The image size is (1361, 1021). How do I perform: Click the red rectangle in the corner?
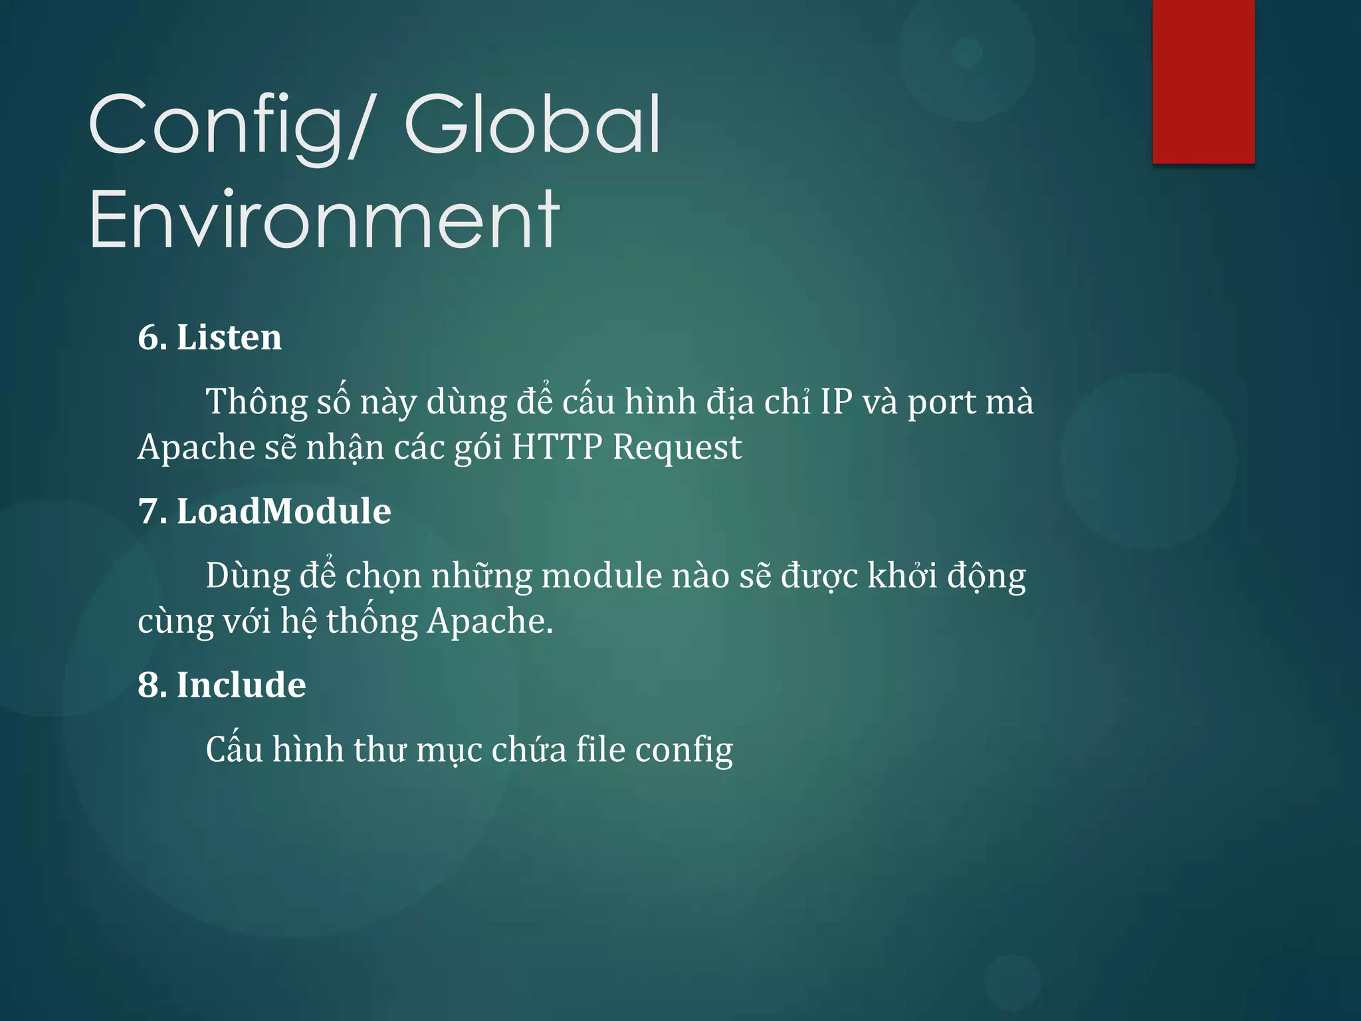click(1204, 81)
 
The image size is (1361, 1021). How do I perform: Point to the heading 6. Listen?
click(209, 337)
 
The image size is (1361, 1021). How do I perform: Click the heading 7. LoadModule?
click(264, 511)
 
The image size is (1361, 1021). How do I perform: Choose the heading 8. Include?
click(222, 685)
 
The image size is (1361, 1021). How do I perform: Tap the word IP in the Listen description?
click(836, 402)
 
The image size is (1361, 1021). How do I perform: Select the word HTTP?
click(557, 447)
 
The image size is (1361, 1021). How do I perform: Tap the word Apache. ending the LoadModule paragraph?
click(490, 622)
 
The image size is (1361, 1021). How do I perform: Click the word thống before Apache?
click(372, 622)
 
